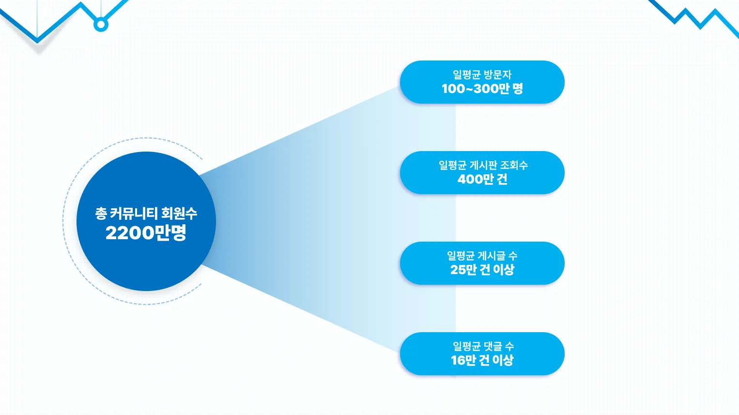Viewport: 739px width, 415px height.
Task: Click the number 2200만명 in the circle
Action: [146, 233]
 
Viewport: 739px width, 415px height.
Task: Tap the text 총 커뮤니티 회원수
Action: [146, 213]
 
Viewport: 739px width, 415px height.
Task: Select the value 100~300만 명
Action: [482, 89]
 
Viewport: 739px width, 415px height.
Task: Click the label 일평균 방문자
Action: [482, 75]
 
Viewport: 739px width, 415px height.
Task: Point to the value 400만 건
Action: [482, 179]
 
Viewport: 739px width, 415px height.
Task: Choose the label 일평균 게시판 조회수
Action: [483, 165]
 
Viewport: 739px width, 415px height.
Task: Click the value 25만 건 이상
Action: [482, 270]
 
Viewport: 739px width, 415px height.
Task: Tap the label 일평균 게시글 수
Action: [482, 256]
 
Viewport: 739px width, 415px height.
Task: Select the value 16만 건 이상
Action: [482, 360]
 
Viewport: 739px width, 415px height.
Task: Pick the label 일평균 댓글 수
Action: [483, 346]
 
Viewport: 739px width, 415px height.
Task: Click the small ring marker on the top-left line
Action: [101, 24]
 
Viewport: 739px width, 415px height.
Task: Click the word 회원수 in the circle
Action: [179, 213]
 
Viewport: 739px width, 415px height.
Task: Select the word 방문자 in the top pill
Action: [497, 75]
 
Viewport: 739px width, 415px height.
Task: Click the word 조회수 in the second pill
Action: [514, 165]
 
